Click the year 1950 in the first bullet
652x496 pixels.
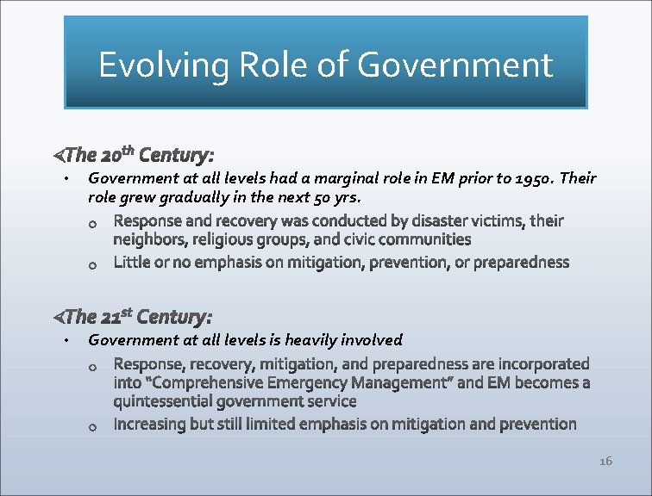[x=535, y=179]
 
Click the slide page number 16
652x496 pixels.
[x=605, y=462]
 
